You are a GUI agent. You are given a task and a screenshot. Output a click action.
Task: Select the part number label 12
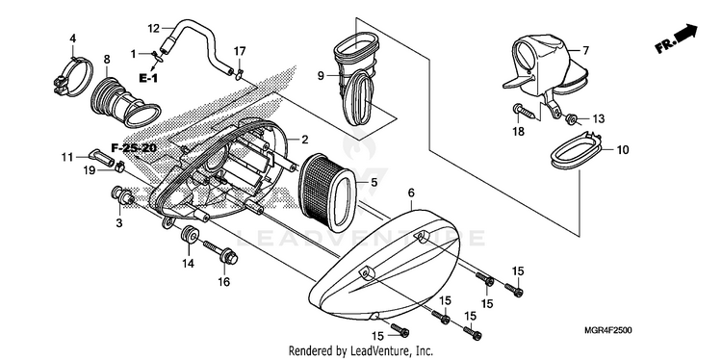(x=153, y=29)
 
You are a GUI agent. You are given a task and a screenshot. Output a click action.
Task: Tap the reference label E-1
(x=148, y=78)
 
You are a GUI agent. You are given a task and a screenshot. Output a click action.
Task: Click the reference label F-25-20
(x=134, y=148)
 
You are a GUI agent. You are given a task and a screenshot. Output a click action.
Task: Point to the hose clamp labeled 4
(x=74, y=77)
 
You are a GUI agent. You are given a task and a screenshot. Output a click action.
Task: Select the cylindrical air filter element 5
(x=327, y=193)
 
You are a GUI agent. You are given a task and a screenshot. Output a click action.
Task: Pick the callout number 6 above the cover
(x=411, y=193)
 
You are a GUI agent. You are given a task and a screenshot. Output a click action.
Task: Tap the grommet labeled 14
(x=190, y=237)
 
